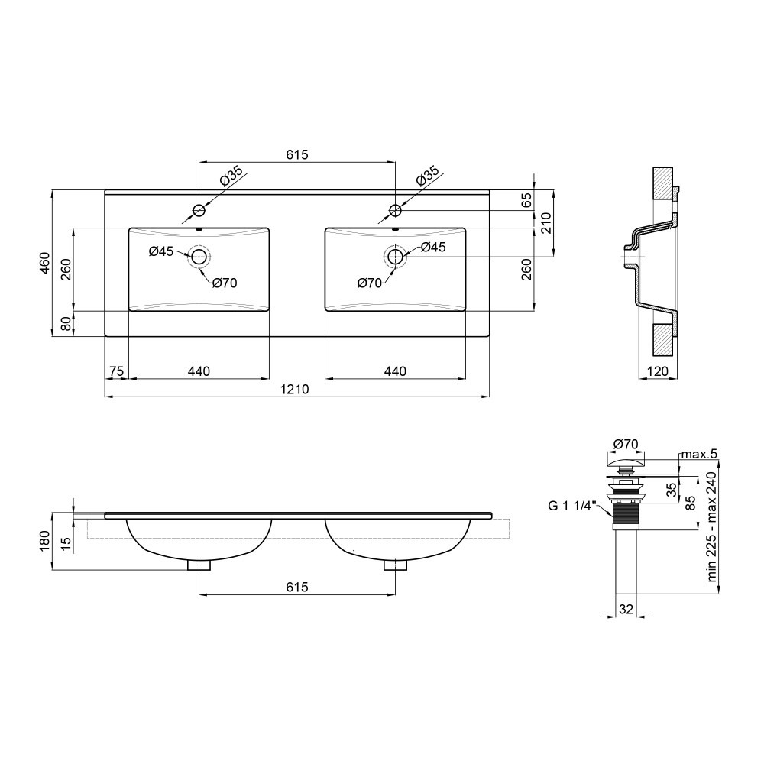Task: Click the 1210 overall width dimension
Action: (x=295, y=390)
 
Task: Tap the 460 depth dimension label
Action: (x=45, y=263)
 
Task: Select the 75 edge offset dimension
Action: (x=116, y=371)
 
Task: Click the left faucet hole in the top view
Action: (x=199, y=211)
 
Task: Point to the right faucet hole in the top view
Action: (x=395, y=211)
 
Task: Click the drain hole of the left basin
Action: (x=199, y=256)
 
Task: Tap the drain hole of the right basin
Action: (x=395, y=256)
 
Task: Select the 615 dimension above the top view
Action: (x=297, y=154)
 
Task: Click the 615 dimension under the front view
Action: (x=297, y=587)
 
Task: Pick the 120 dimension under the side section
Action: (x=658, y=371)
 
